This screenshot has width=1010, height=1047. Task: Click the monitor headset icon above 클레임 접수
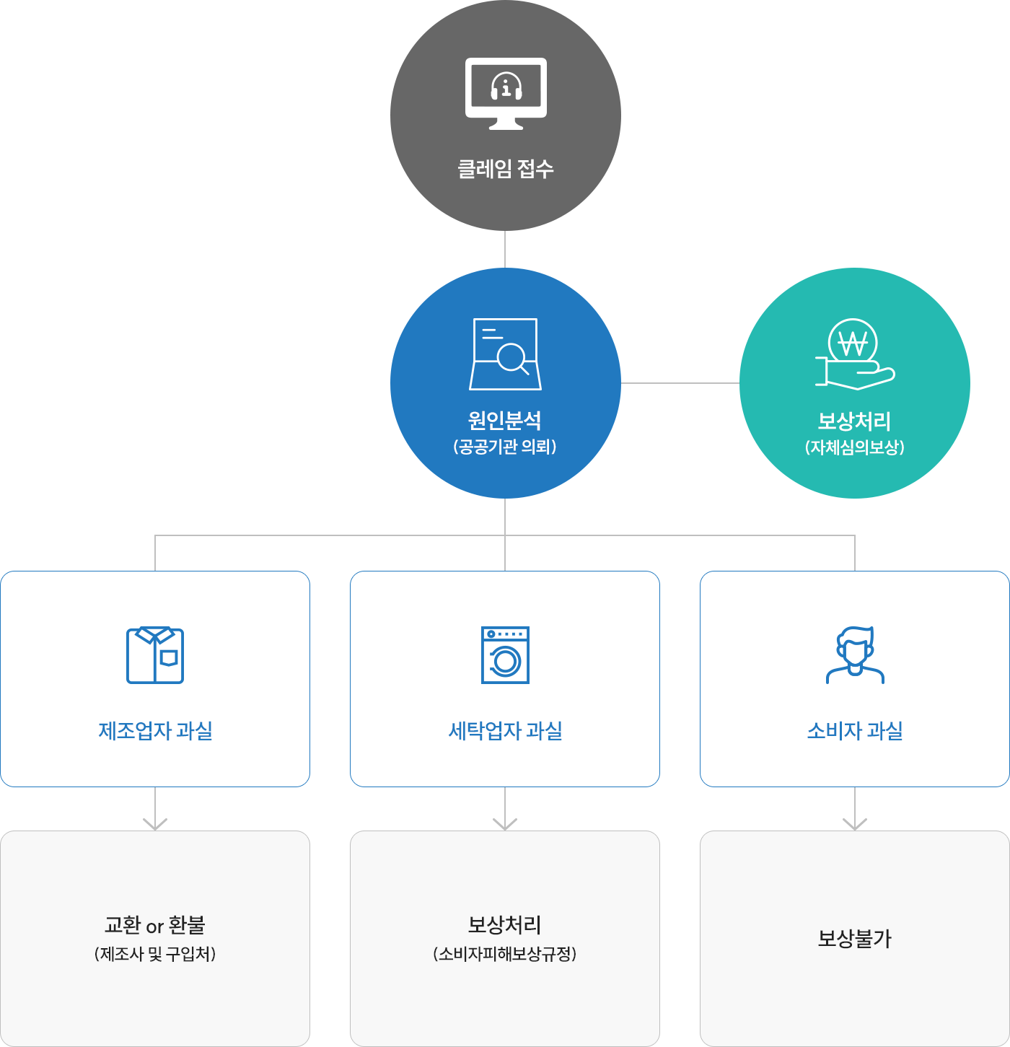(x=506, y=93)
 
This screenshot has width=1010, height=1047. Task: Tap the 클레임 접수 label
(x=506, y=169)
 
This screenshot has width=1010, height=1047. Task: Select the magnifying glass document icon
(x=506, y=354)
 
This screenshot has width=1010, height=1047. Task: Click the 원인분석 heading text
(x=505, y=420)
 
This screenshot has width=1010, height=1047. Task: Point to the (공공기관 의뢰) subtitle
(x=505, y=447)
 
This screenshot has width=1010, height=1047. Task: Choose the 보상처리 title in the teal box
(x=854, y=421)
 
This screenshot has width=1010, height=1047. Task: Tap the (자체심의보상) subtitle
(x=854, y=447)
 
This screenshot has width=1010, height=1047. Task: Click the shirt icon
(x=155, y=655)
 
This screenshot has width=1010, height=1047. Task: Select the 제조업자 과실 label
(x=155, y=731)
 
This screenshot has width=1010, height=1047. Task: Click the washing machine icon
(x=505, y=655)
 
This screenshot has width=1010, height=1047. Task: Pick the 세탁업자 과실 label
(x=505, y=731)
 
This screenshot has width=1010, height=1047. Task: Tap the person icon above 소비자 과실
(x=855, y=655)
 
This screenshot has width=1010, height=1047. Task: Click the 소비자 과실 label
(x=855, y=731)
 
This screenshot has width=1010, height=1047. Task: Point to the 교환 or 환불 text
(x=155, y=925)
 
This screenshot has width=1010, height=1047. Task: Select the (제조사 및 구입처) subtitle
(x=155, y=954)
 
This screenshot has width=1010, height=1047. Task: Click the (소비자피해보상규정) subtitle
(x=505, y=954)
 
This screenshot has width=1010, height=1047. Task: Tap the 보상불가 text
(x=855, y=939)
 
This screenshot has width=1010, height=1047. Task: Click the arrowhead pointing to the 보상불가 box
(x=855, y=824)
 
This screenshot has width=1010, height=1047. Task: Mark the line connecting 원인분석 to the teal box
(x=680, y=383)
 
